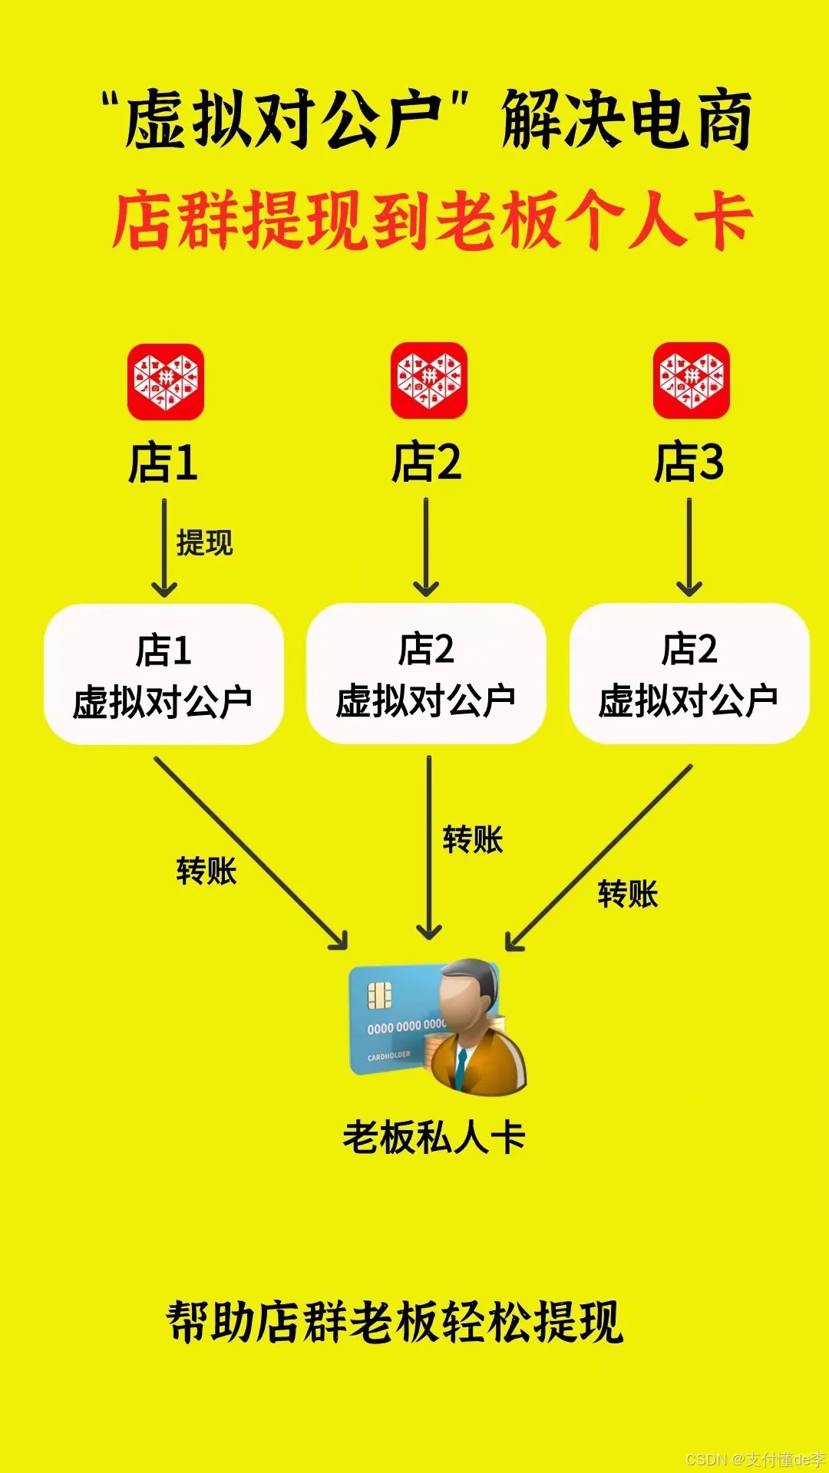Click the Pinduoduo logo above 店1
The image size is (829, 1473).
tap(165, 382)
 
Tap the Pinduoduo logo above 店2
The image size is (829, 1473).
tap(428, 381)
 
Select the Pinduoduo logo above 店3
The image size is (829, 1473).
tap(691, 381)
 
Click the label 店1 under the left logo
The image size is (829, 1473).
tap(163, 463)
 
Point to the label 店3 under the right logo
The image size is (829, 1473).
tap(689, 462)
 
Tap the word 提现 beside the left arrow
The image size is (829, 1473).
tap(204, 542)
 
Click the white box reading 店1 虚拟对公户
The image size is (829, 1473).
tap(163, 674)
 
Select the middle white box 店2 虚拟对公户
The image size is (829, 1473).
tap(426, 674)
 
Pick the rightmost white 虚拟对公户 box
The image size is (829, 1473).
tap(689, 674)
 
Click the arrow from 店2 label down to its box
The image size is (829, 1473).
tap(426, 547)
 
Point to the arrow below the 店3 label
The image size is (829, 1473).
tap(689, 547)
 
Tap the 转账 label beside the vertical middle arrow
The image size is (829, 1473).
tap(473, 840)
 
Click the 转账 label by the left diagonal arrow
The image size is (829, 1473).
tap(206, 872)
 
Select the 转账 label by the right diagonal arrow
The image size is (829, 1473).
tap(628, 895)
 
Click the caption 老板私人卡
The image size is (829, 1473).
tap(434, 1137)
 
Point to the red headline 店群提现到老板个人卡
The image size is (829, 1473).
tap(431, 221)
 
